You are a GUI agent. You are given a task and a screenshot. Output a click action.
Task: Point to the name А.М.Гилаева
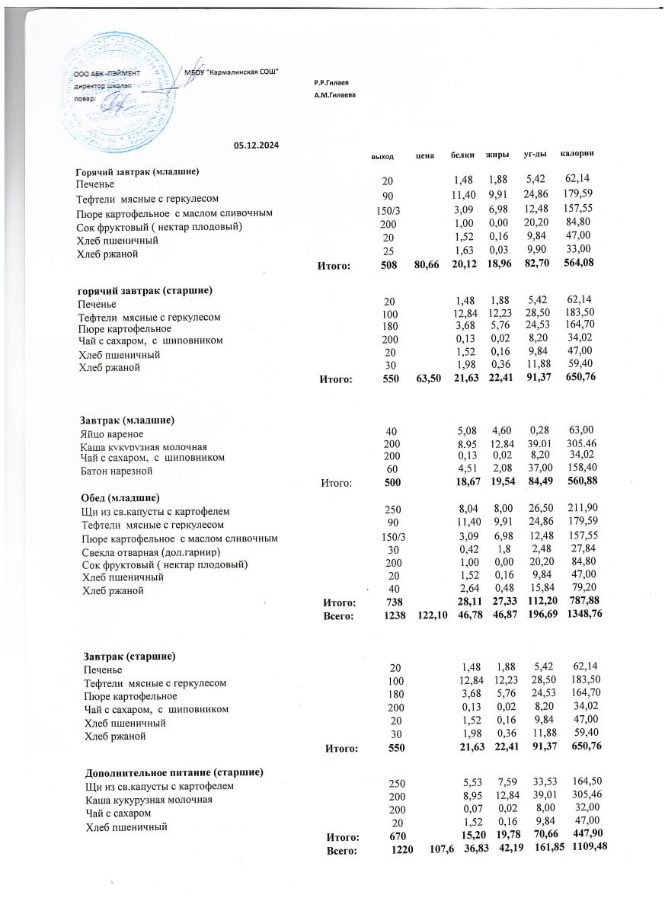[334, 95]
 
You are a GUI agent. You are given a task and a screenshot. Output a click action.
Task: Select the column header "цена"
[425, 155]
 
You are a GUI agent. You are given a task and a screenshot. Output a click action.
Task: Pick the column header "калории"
[577, 155]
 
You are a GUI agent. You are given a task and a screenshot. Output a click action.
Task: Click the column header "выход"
[382, 155]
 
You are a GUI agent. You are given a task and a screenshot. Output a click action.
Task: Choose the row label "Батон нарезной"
[115, 471]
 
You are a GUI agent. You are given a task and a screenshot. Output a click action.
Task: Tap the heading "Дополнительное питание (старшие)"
[174, 772]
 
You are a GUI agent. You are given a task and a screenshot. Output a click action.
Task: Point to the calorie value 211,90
[583, 511]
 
